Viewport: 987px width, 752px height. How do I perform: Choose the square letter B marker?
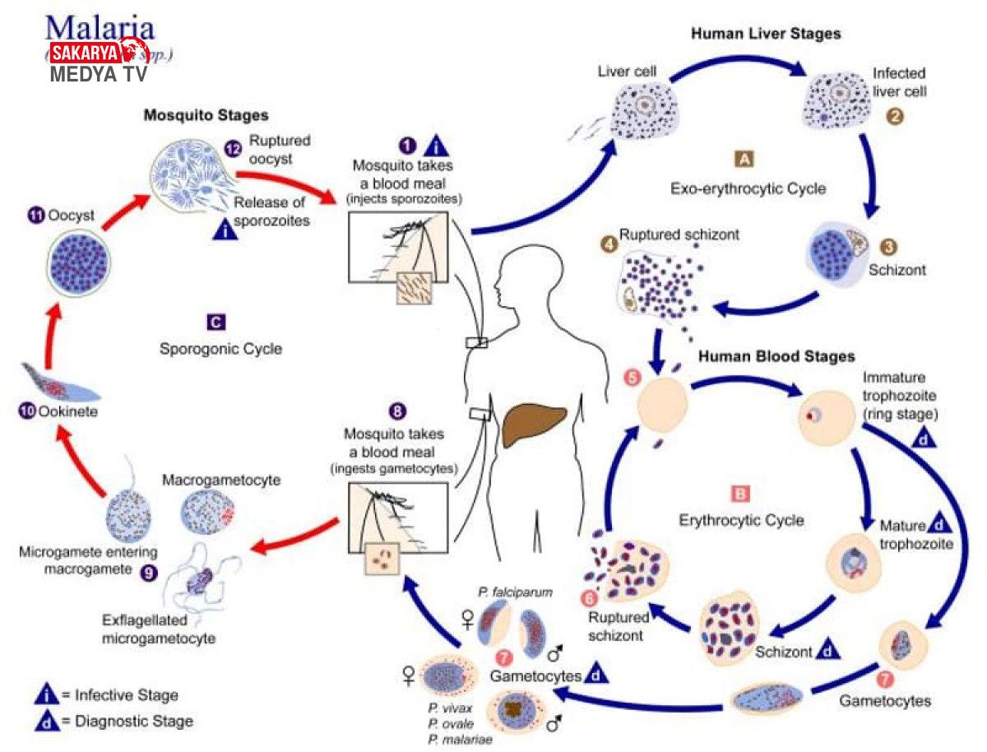[739, 494]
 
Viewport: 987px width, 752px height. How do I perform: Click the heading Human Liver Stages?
[765, 34]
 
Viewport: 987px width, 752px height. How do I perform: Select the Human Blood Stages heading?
[776, 357]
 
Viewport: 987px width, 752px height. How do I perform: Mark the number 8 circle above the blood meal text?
[397, 410]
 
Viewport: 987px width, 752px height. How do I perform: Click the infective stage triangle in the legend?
[46, 695]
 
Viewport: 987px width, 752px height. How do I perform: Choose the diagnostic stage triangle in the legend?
[46, 721]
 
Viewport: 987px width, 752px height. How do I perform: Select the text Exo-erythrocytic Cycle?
[748, 188]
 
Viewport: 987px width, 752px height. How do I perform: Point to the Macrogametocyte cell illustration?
[207, 517]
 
